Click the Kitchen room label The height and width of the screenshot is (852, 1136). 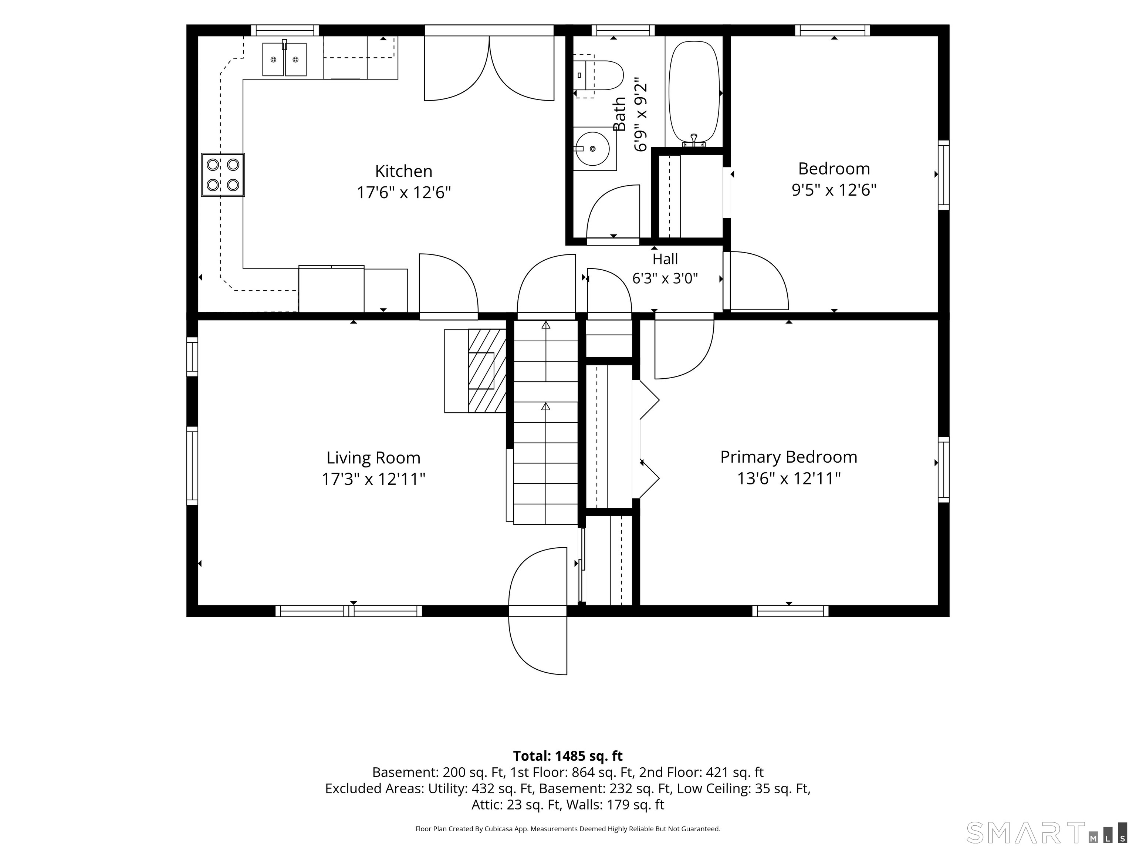[404, 171]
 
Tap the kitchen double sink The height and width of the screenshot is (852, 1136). [284, 59]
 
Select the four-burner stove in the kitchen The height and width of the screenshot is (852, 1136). [223, 175]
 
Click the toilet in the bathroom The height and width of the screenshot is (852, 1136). [598, 75]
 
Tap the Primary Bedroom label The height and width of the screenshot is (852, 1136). [789, 457]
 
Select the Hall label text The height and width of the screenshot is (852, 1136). [665, 259]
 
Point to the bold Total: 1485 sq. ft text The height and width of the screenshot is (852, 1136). [568, 756]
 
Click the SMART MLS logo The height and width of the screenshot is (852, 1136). [1047, 832]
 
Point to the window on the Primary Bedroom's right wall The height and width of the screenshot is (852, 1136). [943, 469]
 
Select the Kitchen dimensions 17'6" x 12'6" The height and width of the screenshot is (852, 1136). [404, 193]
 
